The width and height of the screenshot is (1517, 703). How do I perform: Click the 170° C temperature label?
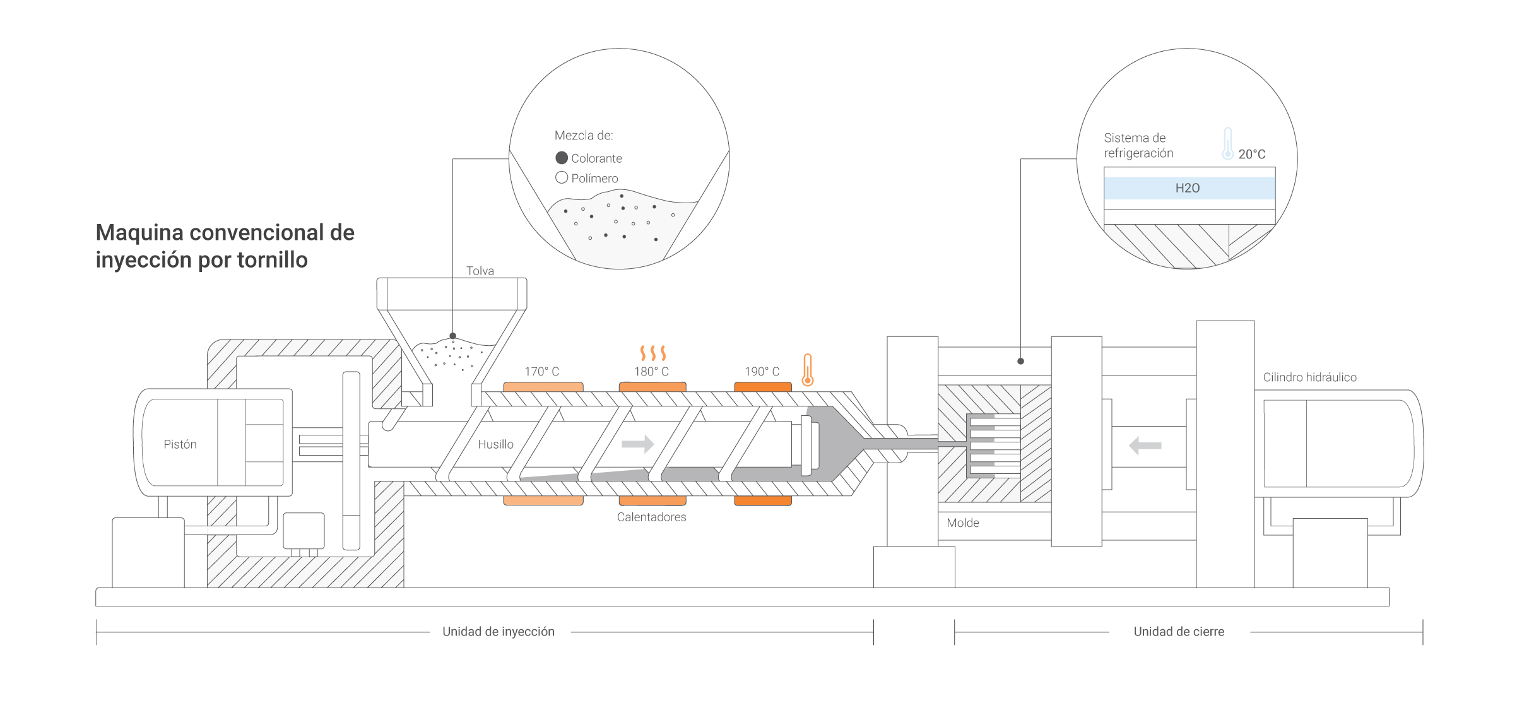tap(541, 372)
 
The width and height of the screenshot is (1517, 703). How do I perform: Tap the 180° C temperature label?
tap(651, 372)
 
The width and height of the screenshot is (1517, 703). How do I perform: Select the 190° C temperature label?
tap(762, 372)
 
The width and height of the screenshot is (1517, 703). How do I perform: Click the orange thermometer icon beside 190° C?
tap(807, 370)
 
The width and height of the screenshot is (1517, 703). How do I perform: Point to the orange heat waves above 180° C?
tap(652, 353)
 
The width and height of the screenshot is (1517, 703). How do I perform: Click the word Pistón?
tap(180, 444)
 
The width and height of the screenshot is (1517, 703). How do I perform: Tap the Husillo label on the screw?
tap(495, 444)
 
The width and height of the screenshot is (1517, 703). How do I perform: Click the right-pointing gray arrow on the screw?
tap(637, 444)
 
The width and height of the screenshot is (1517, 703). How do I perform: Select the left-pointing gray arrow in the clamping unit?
tap(1145, 446)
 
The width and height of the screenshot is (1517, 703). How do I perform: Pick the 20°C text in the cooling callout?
tap(1251, 155)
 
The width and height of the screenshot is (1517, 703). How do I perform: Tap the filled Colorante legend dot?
tap(562, 158)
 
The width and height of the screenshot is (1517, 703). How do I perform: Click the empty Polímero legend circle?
tap(562, 177)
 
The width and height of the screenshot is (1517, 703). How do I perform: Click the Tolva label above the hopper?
tap(480, 271)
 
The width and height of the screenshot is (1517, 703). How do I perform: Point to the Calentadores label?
tap(651, 517)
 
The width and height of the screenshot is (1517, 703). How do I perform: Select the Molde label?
tap(963, 523)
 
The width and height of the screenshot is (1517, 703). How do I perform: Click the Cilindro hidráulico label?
tap(1309, 377)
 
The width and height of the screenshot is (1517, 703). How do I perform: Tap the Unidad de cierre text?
tap(1179, 632)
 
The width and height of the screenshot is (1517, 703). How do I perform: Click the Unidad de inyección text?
tap(499, 632)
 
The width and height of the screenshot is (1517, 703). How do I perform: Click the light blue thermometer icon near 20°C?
tap(1227, 143)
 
